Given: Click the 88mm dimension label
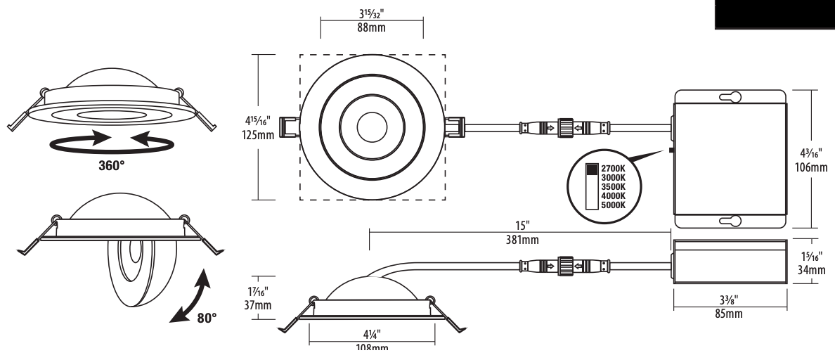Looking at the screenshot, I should [x=372, y=27].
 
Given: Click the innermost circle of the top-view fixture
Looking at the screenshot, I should [x=371, y=127].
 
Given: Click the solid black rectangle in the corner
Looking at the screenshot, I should [x=775, y=13].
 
